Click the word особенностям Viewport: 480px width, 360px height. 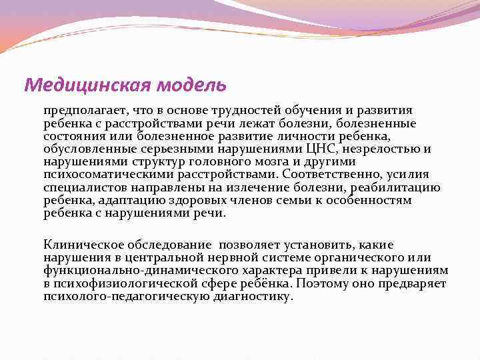pyautogui.click(x=373, y=201)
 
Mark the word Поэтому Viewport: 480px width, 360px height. pyautogui.click(x=317, y=283)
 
